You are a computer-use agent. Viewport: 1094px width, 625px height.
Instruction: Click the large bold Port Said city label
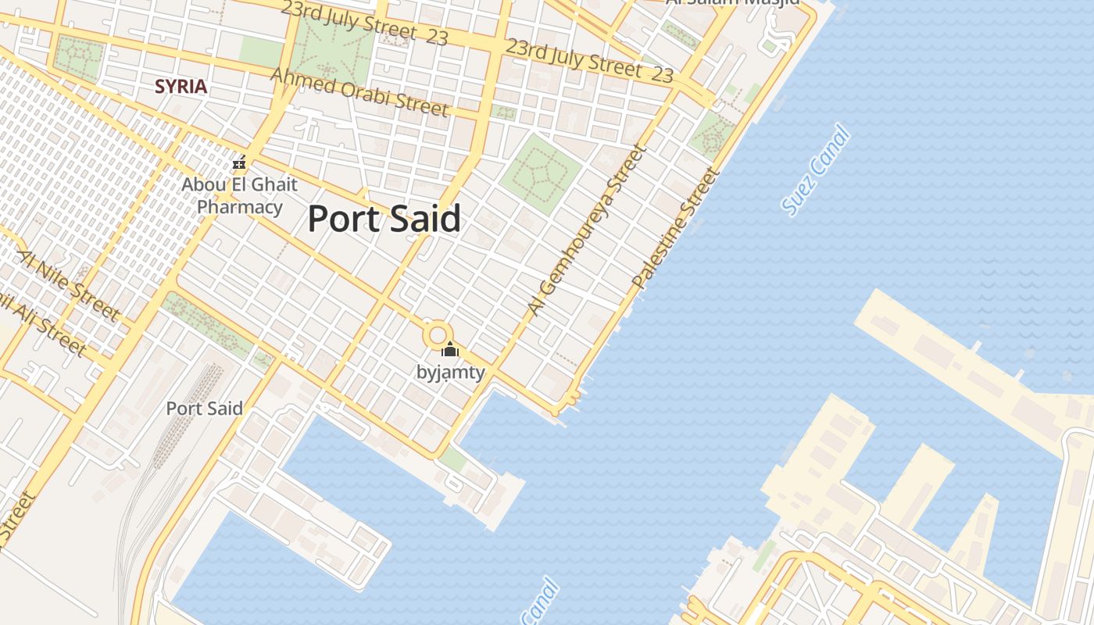click(384, 219)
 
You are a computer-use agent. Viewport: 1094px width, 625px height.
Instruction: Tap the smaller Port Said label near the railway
click(204, 408)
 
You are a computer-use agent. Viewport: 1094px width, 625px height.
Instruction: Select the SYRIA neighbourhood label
click(181, 86)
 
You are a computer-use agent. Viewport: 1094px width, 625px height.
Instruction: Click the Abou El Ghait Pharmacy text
click(239, 196)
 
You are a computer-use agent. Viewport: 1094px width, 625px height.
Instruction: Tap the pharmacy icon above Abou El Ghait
click(239, 163)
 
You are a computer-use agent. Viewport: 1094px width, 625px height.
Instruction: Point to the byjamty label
click(450, 373)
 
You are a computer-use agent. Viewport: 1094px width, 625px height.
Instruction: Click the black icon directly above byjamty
click(449, 349)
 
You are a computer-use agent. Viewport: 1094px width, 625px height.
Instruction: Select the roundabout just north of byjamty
click(437, 337)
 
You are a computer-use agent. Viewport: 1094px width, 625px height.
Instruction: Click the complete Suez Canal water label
click(815, 170)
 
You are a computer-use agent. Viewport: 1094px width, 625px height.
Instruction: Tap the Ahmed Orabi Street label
click(359, 91)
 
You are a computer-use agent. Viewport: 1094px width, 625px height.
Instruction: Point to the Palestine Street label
click(675, 227)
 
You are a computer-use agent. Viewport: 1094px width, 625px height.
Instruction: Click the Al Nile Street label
click(69, 285)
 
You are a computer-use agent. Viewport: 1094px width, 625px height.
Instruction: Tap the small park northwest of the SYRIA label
click(78, 59)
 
